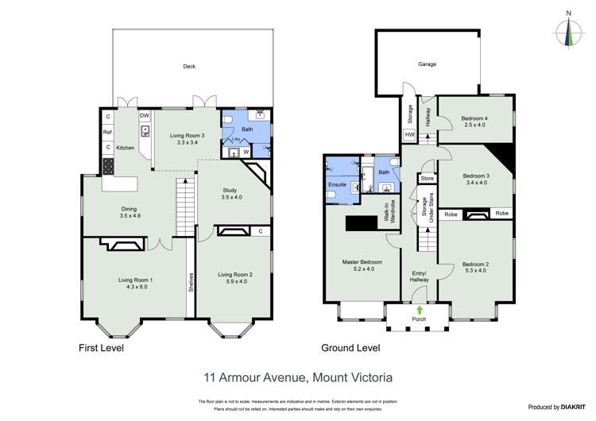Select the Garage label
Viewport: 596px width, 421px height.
[x=428, y=64]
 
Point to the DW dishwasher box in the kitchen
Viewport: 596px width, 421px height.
[x=145, y=116]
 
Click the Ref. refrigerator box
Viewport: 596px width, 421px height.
[x=107, y=132]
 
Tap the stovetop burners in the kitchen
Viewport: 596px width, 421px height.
[x=107, y=167]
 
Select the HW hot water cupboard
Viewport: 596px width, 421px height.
[x=410, y=135]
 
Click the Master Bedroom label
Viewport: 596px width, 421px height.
[x=362, y=262]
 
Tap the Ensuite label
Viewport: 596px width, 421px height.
[x=336, y=184]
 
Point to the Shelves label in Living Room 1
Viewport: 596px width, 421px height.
[x=191, y=283]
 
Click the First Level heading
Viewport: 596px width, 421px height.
[x=101, y=348]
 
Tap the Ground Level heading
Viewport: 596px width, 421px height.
[x=350, y=348]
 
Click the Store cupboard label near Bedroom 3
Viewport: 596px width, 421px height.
[x=428, y=178]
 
